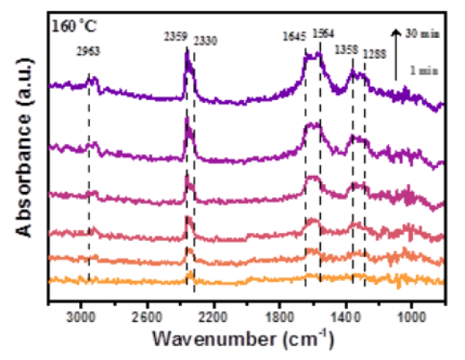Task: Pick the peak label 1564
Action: coord(323,33)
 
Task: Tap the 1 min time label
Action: coord(421,70)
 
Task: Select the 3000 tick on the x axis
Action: coord(80,316)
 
